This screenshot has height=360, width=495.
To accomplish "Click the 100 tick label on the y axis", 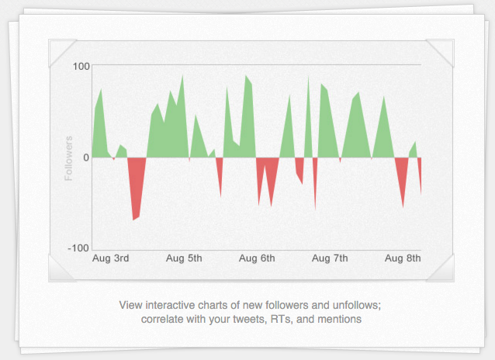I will tap(81, 65).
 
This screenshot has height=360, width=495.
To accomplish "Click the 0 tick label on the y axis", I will tap(86, 157).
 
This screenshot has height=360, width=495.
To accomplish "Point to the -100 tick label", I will tap(79, 248).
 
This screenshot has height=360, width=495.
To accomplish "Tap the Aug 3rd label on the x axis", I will tap(110, 258).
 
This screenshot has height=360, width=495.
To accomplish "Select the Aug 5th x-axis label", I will tap(184, 258).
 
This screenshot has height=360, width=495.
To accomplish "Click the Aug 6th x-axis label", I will tap(257, 258).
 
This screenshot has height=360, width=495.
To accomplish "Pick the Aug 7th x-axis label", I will tap(330, 258).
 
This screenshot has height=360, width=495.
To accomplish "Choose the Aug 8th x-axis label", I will tap(403, 258).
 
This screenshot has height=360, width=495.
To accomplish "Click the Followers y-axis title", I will tap(68, 158).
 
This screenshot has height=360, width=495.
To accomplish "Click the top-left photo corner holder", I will tap(60, 52).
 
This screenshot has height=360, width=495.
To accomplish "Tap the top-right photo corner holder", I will tap(442, 52).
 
